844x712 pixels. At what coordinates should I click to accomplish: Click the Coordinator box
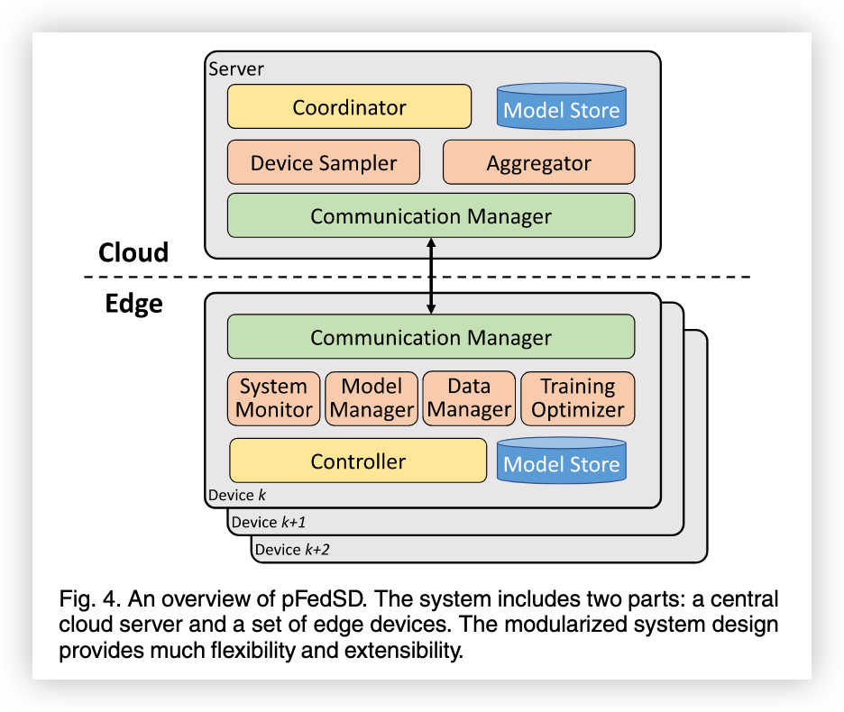pyautogui.click(x=349, y=107)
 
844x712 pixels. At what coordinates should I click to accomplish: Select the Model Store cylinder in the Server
pyautogui.click(x=561, y=107)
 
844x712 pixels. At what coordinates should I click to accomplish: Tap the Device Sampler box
pyautogui.click(x=323, y=163)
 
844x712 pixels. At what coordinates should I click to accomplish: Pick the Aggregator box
pyautogui.click(x=538, y=163)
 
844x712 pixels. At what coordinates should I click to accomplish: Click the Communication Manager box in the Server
pyautogui.click(x=430, y=216)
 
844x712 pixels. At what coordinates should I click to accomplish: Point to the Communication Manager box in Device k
pyautogui.click(x=430, y=338)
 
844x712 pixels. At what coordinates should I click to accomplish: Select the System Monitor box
pyautogui.click(x=273, y=398)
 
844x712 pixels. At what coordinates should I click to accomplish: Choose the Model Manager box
pyautogui.click(x=371, y=398)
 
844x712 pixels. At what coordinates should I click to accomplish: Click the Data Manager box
pyautogui.click(x=469, y=398)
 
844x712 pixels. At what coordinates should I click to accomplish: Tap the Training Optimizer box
pyautogui.click(x=577, y=398)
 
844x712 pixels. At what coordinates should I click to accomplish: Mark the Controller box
pyautogui.click(x=358, y=461)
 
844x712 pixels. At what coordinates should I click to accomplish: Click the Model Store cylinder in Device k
pyautogui.click(x=561, y=461)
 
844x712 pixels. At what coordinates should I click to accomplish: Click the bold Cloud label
pyautogui.click(x=133, y=252)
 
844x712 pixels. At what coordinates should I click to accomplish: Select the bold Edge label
pyautogui.click(x=133, y=304)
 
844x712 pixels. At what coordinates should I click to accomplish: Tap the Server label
pyautogui.click(x=236, y=69)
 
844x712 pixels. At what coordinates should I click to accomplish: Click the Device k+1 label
pyautogui.click(x=268, y=522)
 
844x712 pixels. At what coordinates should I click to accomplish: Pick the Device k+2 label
pyautogui.click(x=291, y=549)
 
